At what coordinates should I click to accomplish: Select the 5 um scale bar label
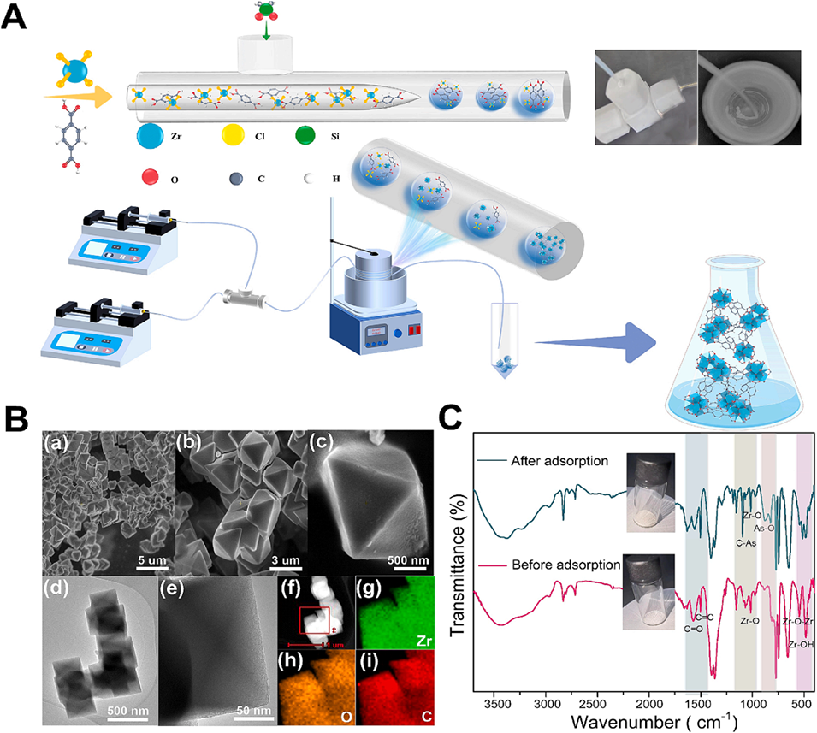tap(153, 560)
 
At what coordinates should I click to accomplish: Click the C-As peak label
tap(745, 542)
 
